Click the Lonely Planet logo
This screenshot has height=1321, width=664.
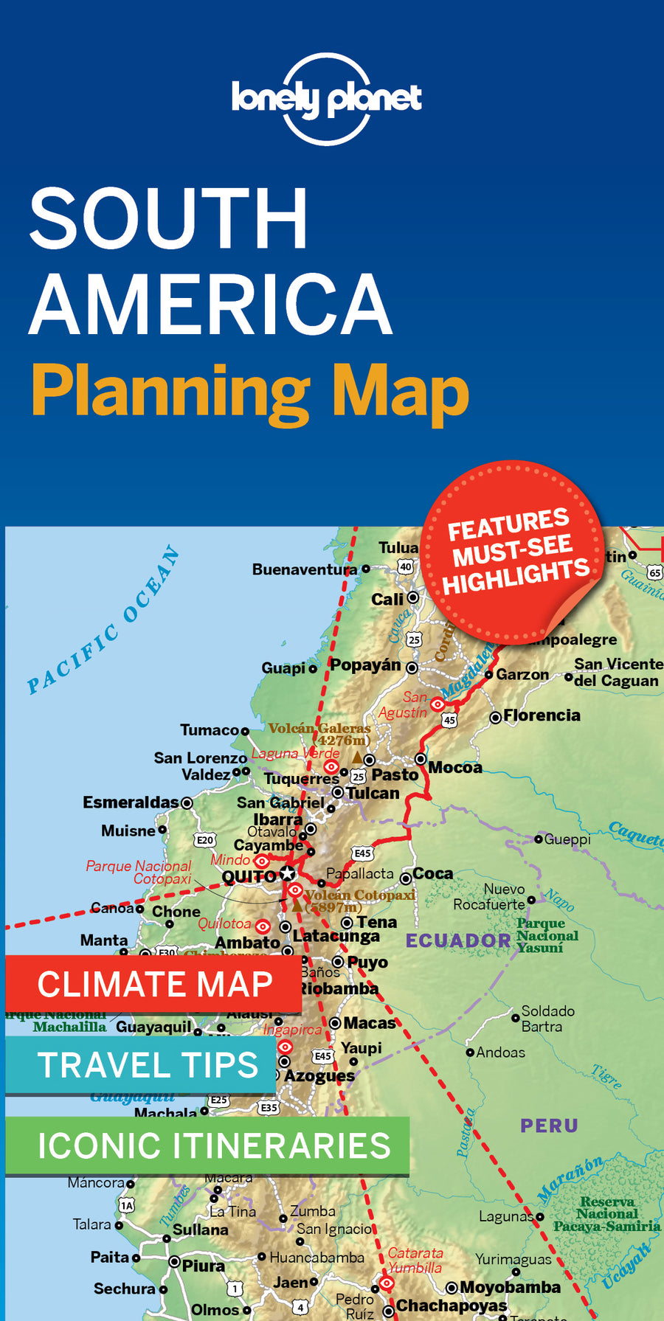tap(326, 99)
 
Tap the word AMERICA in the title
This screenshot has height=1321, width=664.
tap(211, 304)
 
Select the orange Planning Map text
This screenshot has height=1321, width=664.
tap(249, 391)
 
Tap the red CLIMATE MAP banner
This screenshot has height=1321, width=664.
tap(153, 984)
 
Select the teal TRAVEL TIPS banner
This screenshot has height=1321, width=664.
tap(140, 1065)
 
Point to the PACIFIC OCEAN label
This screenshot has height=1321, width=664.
tap(104, 620)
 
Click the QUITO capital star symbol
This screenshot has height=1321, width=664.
tap(288, 875)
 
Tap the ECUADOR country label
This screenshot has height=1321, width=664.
tap(458, 940)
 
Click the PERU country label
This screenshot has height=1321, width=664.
tap(549, 1126)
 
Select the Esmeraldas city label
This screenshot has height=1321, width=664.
tap(131, 802)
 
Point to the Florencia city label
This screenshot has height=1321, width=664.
tap(542, 715)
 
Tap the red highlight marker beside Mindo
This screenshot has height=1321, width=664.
tap(261, 861)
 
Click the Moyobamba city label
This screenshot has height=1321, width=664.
tap(510, 1287)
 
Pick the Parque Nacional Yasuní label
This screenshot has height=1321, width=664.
tap(546, 935)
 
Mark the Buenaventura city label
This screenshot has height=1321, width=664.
tap(304, 569)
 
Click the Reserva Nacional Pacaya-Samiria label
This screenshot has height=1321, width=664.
tap(606, 1214)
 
